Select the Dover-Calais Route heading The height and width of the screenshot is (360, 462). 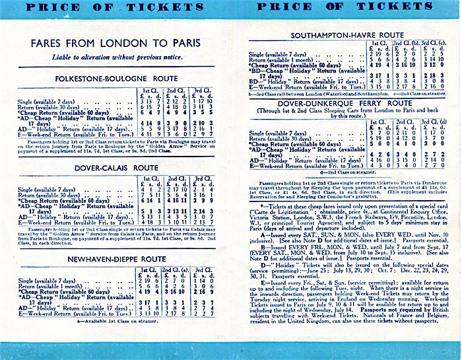click(116, 168)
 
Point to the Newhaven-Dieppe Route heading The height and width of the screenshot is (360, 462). click(116, 259)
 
